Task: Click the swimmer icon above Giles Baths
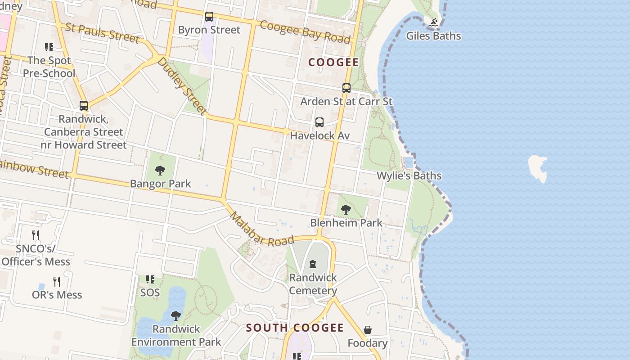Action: point(433,22)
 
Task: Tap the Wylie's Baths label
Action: point(409,175)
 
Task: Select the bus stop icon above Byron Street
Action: point(209,17)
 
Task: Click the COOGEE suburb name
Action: point(333,63)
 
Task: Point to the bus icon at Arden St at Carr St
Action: point(346,88)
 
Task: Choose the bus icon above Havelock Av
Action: point(319,122)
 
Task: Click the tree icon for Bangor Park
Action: point(160,171)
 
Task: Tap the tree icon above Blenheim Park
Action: point(346,209)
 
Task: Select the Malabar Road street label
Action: point(261,229)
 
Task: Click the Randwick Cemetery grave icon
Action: point(313,264)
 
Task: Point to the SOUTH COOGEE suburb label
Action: point(295,328)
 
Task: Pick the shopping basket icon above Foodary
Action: point(368,330)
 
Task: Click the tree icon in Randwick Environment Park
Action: point(176,315)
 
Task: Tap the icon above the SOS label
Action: point(150,279)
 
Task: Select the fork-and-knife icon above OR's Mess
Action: point(57,282)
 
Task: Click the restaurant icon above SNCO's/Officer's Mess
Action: point(36,235)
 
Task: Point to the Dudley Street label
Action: point(182,85)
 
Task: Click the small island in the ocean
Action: point(538,168)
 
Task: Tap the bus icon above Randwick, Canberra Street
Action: point(84,106)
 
